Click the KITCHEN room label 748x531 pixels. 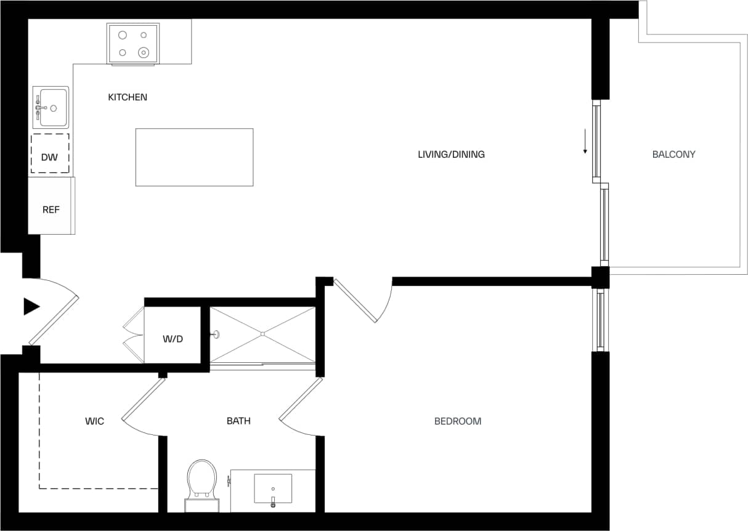(x=128, y=97)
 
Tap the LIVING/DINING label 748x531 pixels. (x=451, y=155)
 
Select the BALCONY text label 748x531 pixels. (x=673, y=155)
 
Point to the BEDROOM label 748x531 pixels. (x=458, y=421)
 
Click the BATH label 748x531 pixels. (x=238, y=421)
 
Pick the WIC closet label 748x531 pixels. (x=94, y=421)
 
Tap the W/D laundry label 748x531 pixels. (x=173, y=339)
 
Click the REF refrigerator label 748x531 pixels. (x=51, y=210)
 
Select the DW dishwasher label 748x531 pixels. (x=49, y=157)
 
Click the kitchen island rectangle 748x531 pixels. (x=194, y=157)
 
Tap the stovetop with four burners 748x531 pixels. (x=133, y=43)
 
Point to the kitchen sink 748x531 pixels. (x=51, y=107)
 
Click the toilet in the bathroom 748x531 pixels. (x=202, y=479)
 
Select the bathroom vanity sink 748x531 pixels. (x=273, y=488)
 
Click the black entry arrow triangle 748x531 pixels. (x=31, y=306)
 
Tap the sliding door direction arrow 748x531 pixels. (x=585, y=142)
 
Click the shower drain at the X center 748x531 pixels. (x=262, y=334)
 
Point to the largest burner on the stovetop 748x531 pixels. (x=144, y=53)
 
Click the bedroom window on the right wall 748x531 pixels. (x=600, y=320)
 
